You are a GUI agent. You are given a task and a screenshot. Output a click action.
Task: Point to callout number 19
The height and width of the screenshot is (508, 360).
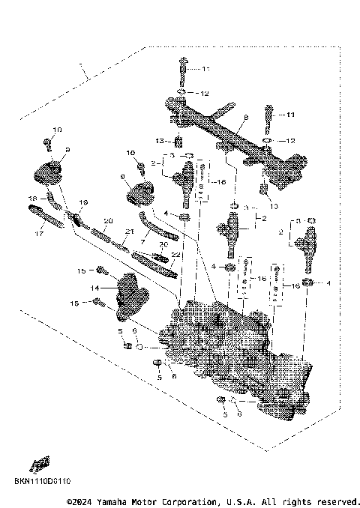[83, 202]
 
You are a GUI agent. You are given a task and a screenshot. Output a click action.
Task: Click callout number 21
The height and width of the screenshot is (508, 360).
[129, 231]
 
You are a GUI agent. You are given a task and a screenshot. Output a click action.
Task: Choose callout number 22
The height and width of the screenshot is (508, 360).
[175, 255]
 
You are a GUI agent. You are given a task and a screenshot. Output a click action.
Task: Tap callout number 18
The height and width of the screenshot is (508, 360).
[32, 199]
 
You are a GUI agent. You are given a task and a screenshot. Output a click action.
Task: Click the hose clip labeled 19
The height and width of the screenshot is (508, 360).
[76, 218]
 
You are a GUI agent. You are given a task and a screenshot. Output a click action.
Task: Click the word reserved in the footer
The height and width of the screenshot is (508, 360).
[335, 501]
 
